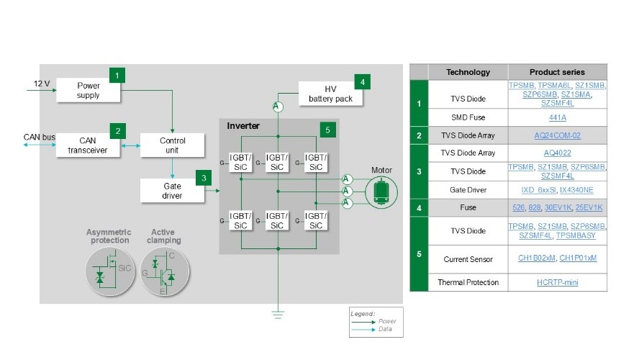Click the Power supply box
click(89, 90)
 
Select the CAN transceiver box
click(87, 145)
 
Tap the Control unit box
click(172, 145)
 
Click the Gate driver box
click(172, 191)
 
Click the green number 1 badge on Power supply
click(117, 74)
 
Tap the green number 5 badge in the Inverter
click(328, 130)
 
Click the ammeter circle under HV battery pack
click(275, 107)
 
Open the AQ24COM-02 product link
click(557, 135)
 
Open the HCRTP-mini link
click(557, 282)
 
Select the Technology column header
click(468, 72)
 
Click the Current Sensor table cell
click(468, 258)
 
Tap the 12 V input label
click(42, 84)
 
